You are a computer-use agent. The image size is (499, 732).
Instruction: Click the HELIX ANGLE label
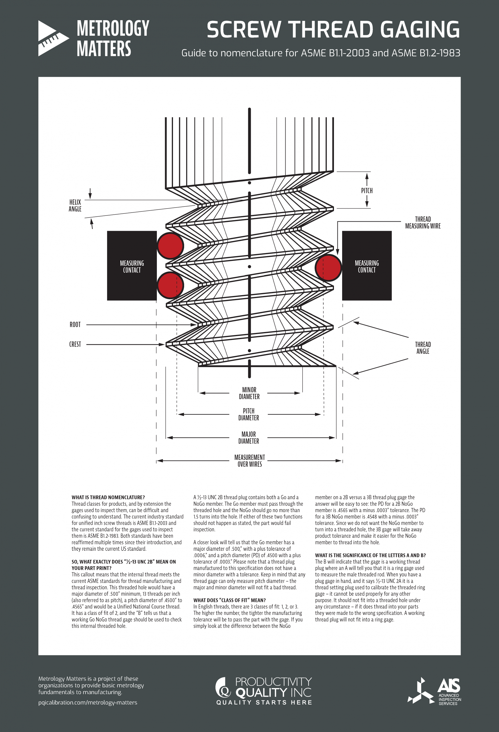click(x=75, y=205)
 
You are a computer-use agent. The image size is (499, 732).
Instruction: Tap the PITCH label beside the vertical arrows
click(x=367, y=191)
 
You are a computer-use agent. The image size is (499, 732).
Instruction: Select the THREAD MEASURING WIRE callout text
click(x=423, y=222)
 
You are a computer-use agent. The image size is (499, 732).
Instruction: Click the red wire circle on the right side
click(x=328, y=268)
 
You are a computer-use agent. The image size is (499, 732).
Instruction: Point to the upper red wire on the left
click(x=170, y=246)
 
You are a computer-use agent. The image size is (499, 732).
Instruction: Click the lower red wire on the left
click(x=170, y=285)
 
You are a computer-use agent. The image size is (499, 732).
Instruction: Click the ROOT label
click(x=75, y=324)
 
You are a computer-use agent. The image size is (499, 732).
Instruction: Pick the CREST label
click(x=75, y=344)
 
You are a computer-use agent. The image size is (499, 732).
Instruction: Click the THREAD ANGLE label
click(x=423, y=348)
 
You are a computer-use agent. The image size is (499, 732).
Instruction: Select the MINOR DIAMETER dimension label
click(x=249, y=393)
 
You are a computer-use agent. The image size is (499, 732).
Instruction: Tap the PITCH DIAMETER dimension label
click(x=248, y=414)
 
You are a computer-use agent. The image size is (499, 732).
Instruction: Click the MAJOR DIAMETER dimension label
click(x=248, y=437)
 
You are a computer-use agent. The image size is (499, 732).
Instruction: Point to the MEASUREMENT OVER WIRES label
click(x=249, y=461)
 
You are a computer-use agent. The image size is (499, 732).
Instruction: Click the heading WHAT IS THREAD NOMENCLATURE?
click(x=108, y=497)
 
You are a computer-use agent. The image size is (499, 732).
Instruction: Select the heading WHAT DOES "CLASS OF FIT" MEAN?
click(x=229, y=600)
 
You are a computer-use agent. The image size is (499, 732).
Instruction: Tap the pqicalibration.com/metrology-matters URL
click(x=88, y=702)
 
